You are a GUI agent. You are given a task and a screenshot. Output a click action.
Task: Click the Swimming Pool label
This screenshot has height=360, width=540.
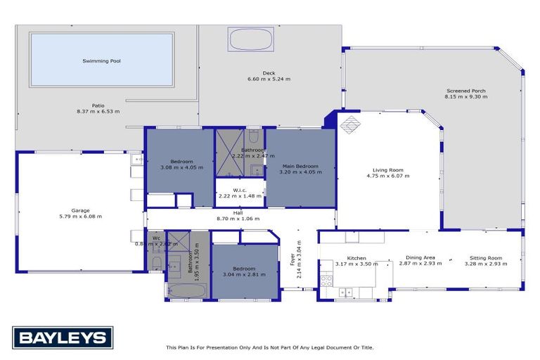tap(102, 61)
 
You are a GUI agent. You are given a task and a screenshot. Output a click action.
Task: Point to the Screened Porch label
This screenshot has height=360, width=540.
tap(465, 91)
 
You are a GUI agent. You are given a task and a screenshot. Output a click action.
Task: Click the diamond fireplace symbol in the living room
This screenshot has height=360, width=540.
tap(349, 125)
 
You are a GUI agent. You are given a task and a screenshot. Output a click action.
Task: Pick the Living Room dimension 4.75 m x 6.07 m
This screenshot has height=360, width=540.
tap(387, 175)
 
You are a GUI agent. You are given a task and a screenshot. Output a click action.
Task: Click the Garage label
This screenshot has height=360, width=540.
tap(79, 210)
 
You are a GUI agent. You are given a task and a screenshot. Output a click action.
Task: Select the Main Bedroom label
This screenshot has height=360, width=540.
tap(300, 166)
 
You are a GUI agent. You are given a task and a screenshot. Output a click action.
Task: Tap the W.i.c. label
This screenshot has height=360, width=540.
tap(240, 189)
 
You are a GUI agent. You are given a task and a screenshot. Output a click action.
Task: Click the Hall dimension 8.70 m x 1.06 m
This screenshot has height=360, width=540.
tap(238, 219)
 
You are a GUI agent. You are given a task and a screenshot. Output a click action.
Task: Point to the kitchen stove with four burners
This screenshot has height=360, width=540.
tap(326, 279)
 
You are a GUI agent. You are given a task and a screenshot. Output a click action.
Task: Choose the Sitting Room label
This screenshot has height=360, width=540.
tap(484, 257)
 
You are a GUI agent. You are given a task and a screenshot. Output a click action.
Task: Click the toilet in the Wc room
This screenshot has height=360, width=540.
tap(156, 263)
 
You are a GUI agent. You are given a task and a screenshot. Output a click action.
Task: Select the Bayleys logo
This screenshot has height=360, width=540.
tap(62, 338)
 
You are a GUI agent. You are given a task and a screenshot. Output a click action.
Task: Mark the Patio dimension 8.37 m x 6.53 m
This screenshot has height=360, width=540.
tap(98, 111)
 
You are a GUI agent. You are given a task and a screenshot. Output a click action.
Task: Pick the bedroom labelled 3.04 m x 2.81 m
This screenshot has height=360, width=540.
tap(243, 271)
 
